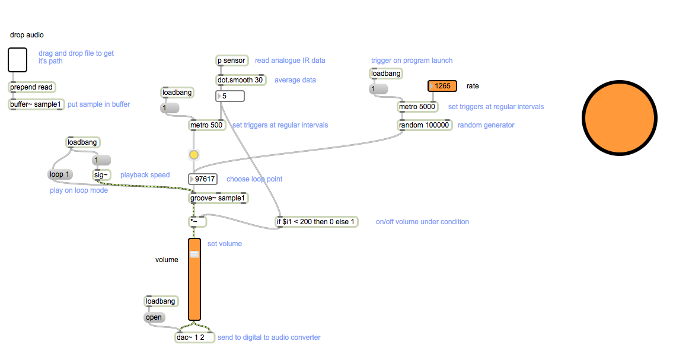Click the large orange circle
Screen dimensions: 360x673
click(x=620, y=117)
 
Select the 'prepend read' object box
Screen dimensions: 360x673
click(x=32, y=87)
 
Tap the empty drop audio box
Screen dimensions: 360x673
click(x=18, y=60)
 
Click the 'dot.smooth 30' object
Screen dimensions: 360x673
click(x=240, y=80)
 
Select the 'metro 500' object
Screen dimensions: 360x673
click(x=206, y=125)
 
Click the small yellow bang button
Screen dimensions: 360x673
click(x=194, y=155)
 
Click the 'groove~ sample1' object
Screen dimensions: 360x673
click(x=218, y=198)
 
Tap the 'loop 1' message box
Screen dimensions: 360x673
click(x=60, y=175)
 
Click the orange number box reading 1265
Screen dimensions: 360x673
click(x=442, y=86)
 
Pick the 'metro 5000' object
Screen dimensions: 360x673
click(x=417, y=107)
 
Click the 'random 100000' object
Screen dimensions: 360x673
click(x=424, y=125)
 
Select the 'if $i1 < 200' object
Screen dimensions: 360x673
click(x=317, y=222)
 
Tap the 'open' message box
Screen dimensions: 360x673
click(x=154, y=317)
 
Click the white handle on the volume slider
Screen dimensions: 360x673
click(x=194, y=254)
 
